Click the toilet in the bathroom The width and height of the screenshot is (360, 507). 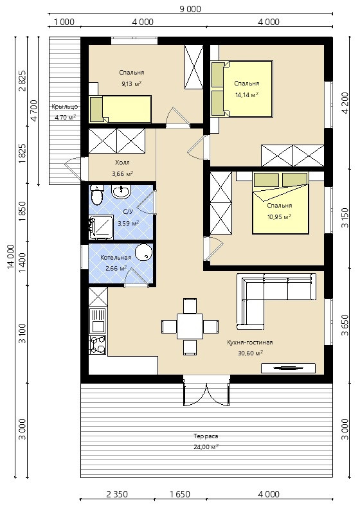tap(96, 195)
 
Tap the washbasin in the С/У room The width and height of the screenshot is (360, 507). tap(121, 191)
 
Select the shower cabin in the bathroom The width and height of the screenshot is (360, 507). tap(101, 227)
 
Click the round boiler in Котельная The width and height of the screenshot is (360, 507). tap(143, 252)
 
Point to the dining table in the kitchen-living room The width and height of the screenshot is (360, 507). tap(190, 326)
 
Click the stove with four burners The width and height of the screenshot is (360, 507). tap(97, 345)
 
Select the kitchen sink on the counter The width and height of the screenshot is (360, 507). tap(97, 321)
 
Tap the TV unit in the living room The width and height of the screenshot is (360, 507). tap(288, 368)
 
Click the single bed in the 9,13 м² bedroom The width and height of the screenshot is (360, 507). tap(120, 109)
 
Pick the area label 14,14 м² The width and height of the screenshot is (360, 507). tap(246, 95)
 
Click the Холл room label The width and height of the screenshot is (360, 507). tap(122, 163)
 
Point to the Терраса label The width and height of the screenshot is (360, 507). tap(206, 436)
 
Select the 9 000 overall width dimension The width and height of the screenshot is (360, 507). tap(190, 9)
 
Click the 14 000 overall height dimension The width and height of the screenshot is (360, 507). tap(12, 256)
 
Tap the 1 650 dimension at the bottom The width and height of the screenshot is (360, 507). tap(180, 494)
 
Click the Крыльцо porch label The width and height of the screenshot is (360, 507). tap(64, 107)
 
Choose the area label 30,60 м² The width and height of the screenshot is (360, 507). tap(250, 353)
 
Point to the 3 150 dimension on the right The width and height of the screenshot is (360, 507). tap(345, 218)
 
